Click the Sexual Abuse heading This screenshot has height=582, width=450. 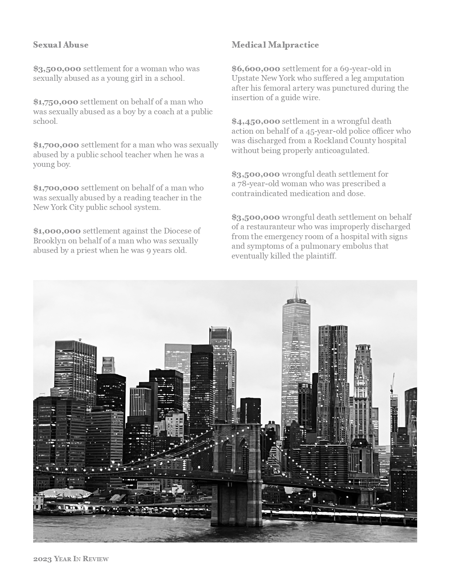click(61, 45)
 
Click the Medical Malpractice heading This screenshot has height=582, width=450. click(275, 45)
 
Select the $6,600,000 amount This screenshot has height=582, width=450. click(256, 68)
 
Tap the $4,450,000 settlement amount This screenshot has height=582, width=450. click(256, 121)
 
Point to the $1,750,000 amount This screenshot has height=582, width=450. click(56, 102)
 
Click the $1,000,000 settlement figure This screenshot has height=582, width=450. click(57, 231)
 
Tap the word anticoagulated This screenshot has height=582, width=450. click(342, 151)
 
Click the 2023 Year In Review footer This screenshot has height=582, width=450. click(71, 559)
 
